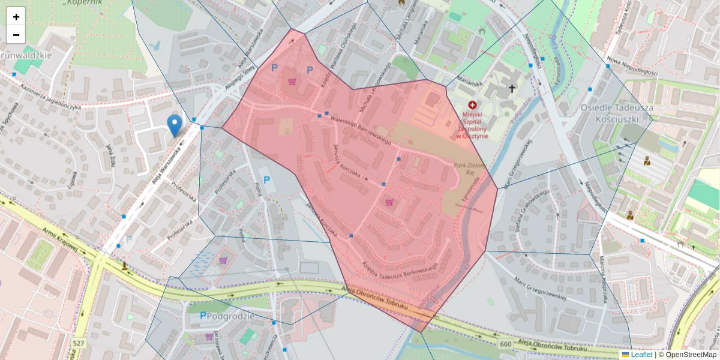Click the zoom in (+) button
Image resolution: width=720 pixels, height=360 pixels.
16,17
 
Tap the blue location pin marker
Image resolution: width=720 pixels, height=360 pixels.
175,125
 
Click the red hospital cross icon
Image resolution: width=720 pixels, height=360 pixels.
472,105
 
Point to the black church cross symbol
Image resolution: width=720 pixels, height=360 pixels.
512,89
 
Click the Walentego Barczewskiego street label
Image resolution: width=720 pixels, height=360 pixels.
360,130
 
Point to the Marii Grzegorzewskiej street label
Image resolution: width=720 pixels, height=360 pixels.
540,289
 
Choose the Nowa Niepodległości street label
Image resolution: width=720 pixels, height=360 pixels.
632,65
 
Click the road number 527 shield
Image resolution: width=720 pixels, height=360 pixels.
79,343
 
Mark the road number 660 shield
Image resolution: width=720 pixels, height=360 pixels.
505,343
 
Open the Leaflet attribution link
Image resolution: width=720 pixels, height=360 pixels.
641,355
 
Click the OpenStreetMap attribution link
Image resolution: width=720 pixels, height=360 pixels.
691,355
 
